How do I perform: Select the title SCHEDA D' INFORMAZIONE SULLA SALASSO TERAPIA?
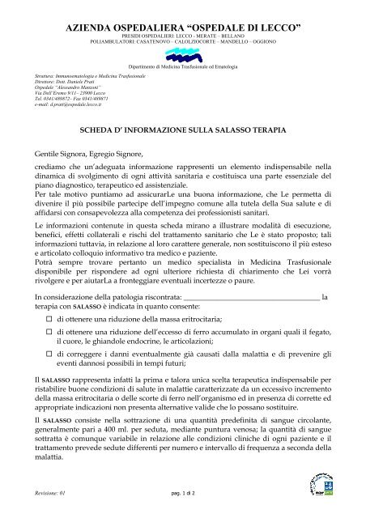click(x=182, y=128)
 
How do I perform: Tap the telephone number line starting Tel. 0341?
click(x=82, y=99)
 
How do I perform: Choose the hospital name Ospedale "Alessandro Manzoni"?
click(x=74, y=87)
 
